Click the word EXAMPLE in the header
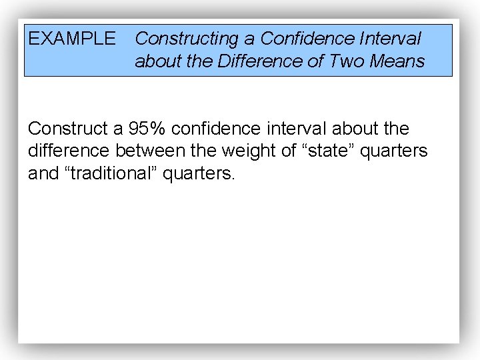pyautogui.click(x=72, y=39)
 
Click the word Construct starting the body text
pyautogui.click(x=67, y=129)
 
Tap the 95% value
pyautogui.click(x=147, y=129)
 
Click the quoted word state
pyautogui.click(x=329, y=151)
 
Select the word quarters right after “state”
pyautogui.click(x=394, y=151)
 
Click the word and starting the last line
pyautogui.click(x=42, y=174)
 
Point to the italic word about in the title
pyautogui.click(x=155, y=62)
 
